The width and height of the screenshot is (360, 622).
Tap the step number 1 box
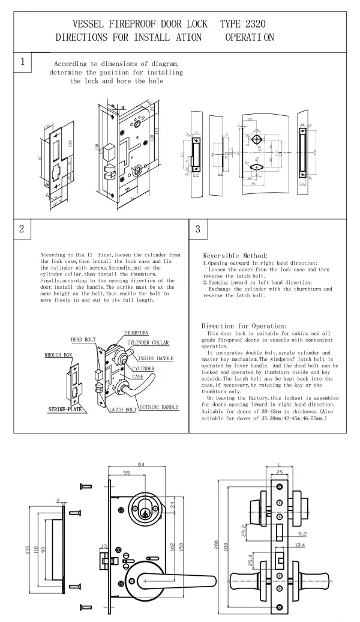coord(23,62)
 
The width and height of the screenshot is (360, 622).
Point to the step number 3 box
coord(199,229)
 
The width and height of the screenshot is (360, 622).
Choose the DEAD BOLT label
coord(83,340)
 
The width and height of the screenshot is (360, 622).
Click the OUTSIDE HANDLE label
coord(158,407)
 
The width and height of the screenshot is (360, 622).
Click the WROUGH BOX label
coord(59,355)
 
